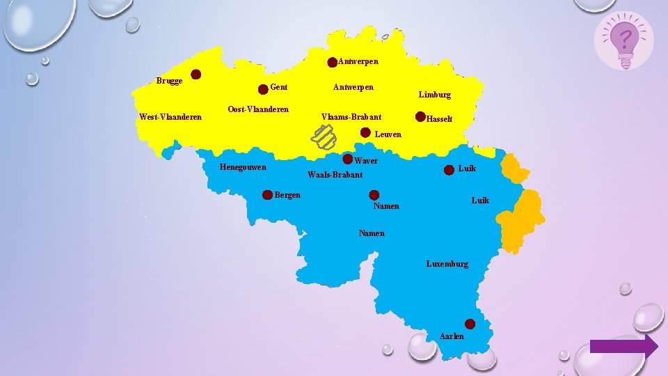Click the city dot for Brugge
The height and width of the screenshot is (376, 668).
pos(197,74)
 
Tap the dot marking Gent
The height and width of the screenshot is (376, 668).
pos(263,89)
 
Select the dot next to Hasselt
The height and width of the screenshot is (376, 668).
pos(420,116)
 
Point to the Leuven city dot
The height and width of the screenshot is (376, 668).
pos(365,132)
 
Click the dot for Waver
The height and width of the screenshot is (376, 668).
pos(348,159)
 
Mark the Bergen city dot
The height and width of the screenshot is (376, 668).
pos(267,195)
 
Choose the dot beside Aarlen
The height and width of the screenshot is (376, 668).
pos(470,324)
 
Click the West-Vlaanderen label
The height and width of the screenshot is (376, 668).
pos(170,117)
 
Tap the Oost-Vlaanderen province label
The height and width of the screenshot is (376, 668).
pos(258,110)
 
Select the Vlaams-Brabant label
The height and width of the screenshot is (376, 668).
pos(351,117)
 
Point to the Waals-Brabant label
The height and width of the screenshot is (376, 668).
pos(335,174)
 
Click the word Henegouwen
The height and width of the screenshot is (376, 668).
pos(243,167)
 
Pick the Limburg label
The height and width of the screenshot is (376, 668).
pos(435,95)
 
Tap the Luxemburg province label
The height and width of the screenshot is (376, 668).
pos(447,264)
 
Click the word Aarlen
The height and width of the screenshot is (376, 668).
pos(452,336)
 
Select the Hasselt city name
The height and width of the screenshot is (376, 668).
pos(440,119)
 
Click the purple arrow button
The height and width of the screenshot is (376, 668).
pos(623,346)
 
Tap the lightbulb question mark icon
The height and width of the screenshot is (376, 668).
pos(624,40)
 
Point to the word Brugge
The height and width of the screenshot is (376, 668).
pos(170,81)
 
